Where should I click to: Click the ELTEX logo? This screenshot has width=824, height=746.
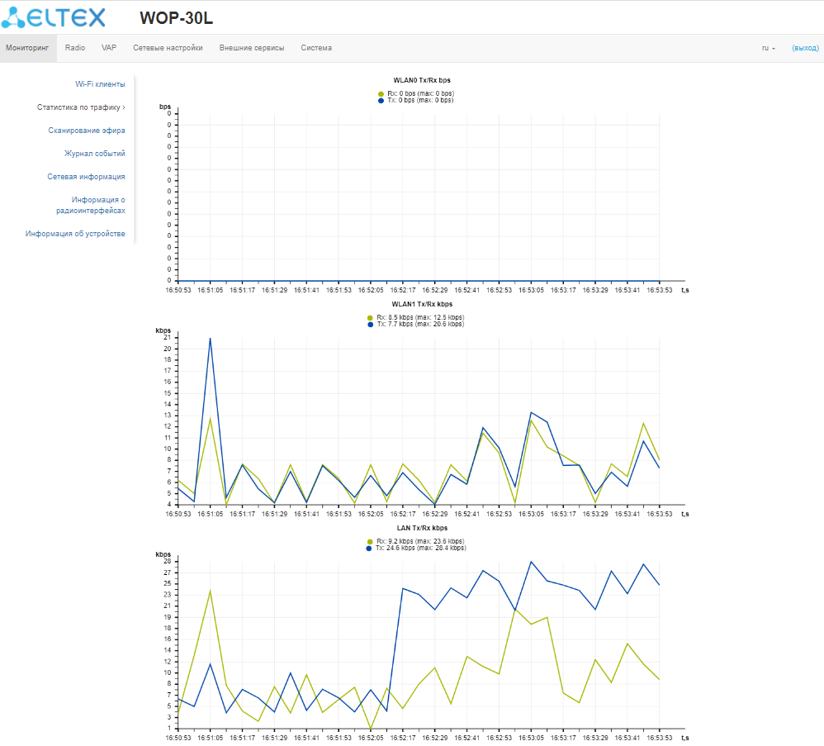click(53, 17)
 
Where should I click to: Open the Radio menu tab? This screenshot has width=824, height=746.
click(75, 48)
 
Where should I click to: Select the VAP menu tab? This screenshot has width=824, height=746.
click(109, 48)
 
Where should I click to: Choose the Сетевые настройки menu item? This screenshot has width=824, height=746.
click(168, 48)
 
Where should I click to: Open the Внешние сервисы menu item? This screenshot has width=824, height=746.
click(252, 48)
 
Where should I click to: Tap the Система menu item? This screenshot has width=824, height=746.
click(316, 48)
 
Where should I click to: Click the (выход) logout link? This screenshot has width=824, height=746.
click(805, 48)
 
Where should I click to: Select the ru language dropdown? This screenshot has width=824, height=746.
click(768, 48)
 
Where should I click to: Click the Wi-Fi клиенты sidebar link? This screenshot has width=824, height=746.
click(100, 84)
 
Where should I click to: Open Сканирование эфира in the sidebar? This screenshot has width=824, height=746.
click(87, 131)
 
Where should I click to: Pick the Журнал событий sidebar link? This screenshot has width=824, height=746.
click(95, 154)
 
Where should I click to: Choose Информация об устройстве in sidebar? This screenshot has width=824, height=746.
click(75, 234)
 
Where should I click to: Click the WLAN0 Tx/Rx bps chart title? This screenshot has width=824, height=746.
click(422, 80)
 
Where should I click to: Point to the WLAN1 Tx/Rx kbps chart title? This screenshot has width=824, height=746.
click(421, 304)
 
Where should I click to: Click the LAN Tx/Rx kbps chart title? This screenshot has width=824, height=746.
click(422, 527)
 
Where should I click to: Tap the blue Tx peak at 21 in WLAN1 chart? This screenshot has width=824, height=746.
click(211, 338)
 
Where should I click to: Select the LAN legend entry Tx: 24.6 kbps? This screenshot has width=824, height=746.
click(420, 548)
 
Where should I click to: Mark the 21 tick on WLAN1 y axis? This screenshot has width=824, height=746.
click(168, 337)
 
